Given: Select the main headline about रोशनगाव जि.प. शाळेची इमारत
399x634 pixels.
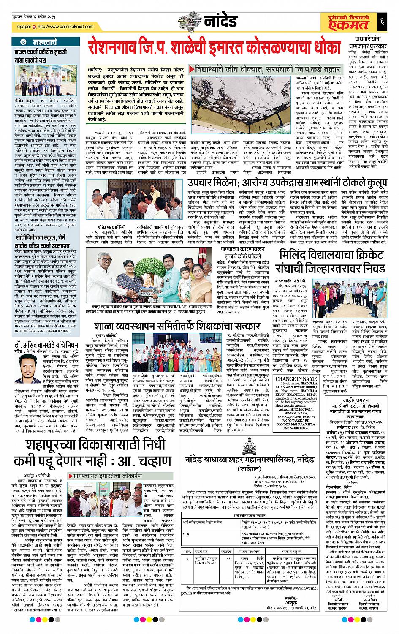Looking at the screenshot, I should point(213,46).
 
